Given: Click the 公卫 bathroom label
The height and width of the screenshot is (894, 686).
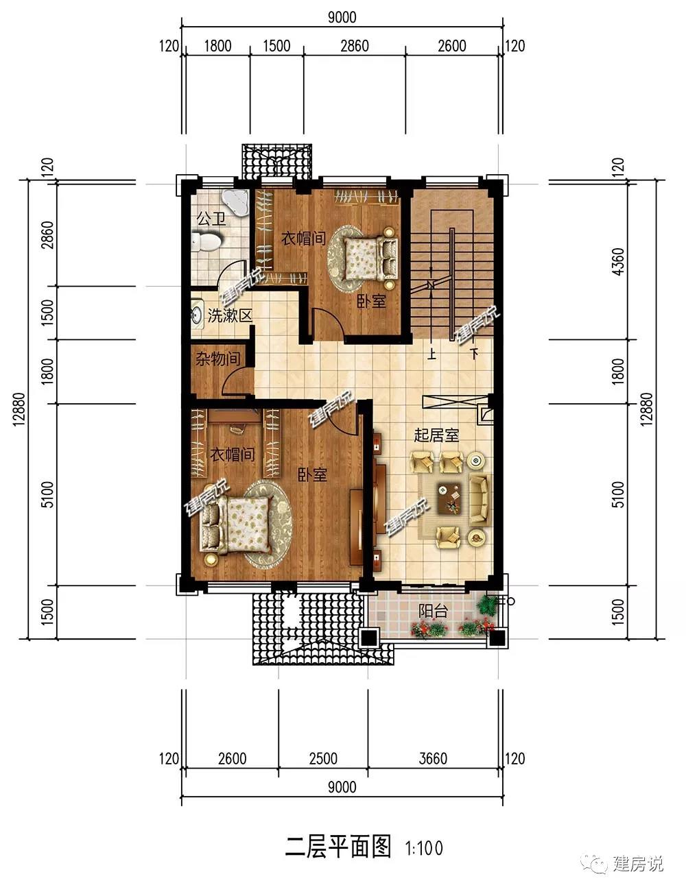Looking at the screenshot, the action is (211, 219).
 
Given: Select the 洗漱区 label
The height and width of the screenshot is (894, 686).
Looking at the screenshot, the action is (229, 315).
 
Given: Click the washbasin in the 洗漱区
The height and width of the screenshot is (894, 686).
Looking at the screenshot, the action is (197, 314).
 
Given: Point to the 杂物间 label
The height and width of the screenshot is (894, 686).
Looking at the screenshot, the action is (217, 359).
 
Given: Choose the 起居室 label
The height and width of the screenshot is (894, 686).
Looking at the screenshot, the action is (436, 435).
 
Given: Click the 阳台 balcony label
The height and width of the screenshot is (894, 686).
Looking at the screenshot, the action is (433, 611).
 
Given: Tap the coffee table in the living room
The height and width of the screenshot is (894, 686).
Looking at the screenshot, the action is (449, 498).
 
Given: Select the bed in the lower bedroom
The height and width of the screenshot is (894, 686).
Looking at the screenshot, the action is (236, 525).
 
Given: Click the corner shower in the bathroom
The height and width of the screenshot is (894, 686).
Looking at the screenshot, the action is (235, 202).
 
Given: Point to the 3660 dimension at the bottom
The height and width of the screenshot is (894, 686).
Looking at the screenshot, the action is (433, 758).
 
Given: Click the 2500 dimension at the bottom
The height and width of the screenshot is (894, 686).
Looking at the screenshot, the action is (323, 758).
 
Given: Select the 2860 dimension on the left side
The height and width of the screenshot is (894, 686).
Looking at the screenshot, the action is (47, 235).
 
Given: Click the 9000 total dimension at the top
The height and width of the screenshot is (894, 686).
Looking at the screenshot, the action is (342, 17).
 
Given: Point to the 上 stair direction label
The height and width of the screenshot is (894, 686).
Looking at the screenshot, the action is (431, 353).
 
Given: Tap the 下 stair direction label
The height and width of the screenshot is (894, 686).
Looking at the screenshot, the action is (475, 353).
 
